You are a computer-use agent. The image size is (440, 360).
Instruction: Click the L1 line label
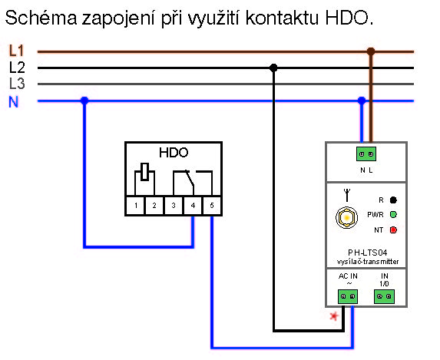(16, 51)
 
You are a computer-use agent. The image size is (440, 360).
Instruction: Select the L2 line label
(17, 68)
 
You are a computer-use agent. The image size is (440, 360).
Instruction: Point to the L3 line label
(17, 84)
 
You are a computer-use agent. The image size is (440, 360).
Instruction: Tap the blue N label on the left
(14, 101)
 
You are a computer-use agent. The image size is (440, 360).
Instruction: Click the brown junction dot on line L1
(371, 51)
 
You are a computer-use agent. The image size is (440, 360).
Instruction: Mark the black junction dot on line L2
(273, 68)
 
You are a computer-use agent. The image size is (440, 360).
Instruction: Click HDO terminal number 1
(136, 206)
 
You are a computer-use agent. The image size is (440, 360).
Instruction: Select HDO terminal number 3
(174, 206)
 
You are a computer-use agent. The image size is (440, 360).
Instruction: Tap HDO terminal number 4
(193, 206)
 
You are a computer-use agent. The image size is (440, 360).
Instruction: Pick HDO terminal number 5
(212, 206)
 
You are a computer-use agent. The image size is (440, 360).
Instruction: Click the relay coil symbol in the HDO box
(145, 172)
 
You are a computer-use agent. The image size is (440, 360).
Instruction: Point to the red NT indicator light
(393, 230)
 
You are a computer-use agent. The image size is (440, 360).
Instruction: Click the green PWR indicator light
(393, 215)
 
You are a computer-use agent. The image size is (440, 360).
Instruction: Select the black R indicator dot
(393, 200)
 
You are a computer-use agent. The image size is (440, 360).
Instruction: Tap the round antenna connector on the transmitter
(347, 217)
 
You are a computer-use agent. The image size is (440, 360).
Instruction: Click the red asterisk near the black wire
(334, 316)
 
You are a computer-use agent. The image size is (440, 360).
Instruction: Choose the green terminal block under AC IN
(348, 296)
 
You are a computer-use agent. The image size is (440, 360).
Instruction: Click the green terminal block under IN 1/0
(384, 296)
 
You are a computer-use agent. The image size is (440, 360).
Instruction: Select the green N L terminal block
(366, 154)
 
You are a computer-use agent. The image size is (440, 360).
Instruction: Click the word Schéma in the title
(41, 18)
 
